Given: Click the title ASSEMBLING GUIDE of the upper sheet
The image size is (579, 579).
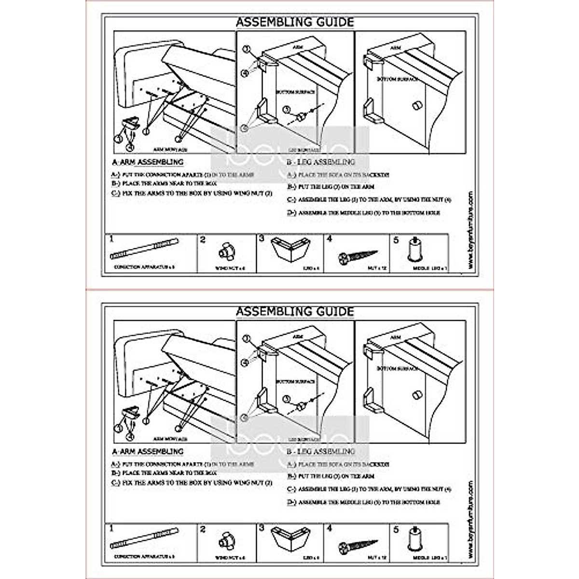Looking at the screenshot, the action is coord(294,22).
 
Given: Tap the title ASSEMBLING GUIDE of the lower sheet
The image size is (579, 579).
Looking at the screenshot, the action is coord(294,312).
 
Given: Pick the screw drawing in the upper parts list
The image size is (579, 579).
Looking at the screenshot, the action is coord(358,255).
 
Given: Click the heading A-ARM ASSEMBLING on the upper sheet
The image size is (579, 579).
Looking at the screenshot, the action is coord(148,162).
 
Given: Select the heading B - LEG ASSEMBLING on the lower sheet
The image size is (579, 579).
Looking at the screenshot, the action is coord(321,452).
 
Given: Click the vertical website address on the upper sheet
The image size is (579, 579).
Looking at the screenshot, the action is coord(470,231).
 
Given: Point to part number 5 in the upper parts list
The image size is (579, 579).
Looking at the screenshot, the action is coord(396,239).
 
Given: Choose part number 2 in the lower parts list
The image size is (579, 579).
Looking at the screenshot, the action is coord(203,529).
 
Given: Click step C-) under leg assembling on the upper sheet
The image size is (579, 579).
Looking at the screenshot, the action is coord(369,200).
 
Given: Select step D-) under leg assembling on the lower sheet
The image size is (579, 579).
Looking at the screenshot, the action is coord(364,502).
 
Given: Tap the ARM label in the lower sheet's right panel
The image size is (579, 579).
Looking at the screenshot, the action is coord(395,338).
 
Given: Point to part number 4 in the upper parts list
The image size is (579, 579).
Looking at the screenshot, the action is coord(330,239).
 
